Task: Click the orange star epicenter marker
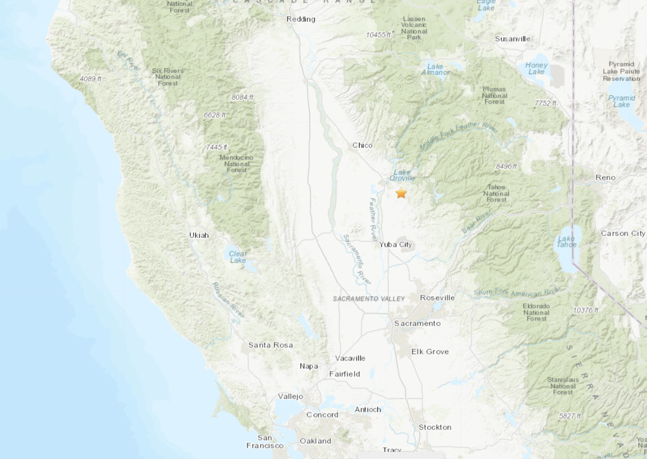(x=401, y=193)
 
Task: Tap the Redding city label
(x=301, y=19)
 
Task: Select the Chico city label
(x=362, y=145)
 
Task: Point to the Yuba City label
(x=395, y=245)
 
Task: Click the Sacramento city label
(x=417, y=323)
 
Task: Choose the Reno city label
(x=606, y=177)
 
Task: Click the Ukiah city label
(x=199, y=235)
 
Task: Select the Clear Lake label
(x=238, y=257)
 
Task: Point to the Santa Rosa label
(x=271, y=345)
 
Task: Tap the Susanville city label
(x=512, y=39)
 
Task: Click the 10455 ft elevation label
(x=378, y=35)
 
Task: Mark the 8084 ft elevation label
(x=242, y=97)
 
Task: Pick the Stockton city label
(x=435, y=427)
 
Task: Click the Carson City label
(x=623, y=233)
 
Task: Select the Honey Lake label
(x=536, y=68)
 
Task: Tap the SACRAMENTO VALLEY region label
(x=369, y=299)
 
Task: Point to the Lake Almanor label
(x=435, y=69)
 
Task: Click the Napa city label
(x=309, y=366)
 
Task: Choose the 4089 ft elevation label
(x=90, y=79)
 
